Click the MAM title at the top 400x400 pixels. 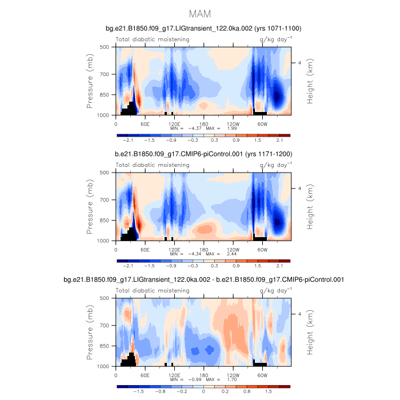coord(200,13)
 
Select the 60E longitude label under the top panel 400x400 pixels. coord(145,123)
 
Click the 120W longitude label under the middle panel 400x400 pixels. coord(233,249)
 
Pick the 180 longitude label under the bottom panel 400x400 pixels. coord(203,375)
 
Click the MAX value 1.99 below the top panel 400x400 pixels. coord(214,129)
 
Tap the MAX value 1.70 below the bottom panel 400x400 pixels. coord(214,379)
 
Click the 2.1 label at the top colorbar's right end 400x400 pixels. coord(279,141)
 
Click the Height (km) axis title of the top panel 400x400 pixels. coord(311,81)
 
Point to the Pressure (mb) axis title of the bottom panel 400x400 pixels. coord(90,332)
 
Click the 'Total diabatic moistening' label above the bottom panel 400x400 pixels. coord(153,290)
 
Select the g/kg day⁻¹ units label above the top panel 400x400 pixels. coord(275,39)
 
